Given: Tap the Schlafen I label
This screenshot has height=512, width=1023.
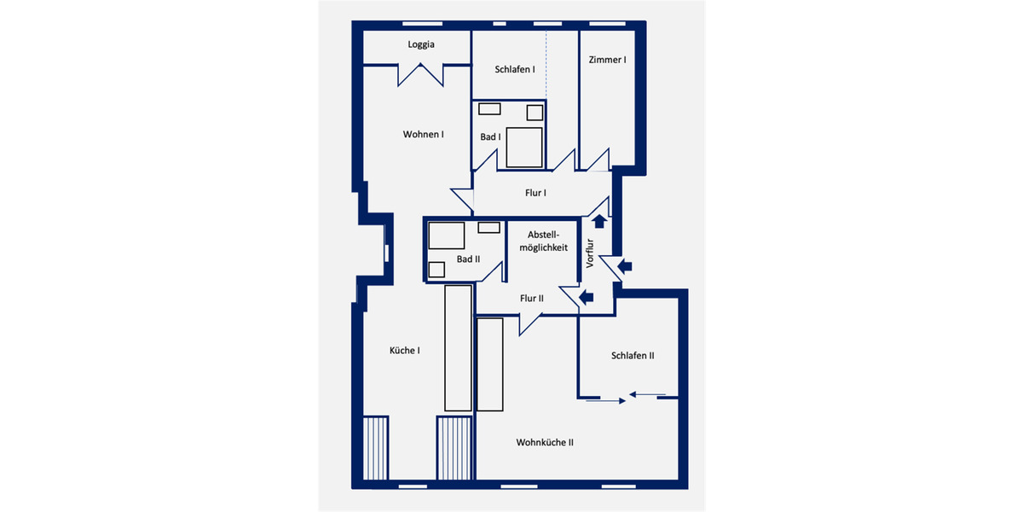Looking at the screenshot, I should pos(514,69).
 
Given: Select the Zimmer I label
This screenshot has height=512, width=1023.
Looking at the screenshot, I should pos(607,60).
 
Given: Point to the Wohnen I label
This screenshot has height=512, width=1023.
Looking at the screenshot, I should pos(424,134).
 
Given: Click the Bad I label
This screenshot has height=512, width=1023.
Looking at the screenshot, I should pos(490,137).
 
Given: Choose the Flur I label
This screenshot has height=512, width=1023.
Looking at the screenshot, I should pos(535,193).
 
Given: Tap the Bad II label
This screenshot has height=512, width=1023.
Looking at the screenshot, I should pos(469,259).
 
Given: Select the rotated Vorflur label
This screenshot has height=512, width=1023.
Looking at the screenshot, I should pos(589,253).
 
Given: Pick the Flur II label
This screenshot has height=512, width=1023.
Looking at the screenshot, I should pos(531,298).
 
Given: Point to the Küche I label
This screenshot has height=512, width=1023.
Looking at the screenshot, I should pos(404,350).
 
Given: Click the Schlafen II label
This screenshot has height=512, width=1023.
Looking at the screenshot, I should pos(632,355).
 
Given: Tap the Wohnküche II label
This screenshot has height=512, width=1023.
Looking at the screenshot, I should pos(544,442).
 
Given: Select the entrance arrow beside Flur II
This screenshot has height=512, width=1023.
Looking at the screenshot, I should pos(587,297).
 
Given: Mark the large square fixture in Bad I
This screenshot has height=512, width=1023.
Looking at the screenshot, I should pos(524,147).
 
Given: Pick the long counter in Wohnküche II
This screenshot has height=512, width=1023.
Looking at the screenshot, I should pos(489,364).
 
